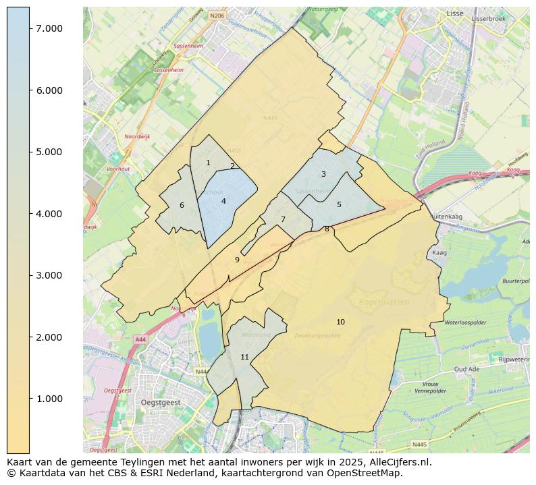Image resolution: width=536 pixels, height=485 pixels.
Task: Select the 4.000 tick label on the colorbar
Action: [49, 214]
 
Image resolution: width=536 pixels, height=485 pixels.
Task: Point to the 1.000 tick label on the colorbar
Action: [49, 399]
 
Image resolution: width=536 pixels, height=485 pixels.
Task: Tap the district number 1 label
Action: [208, 163]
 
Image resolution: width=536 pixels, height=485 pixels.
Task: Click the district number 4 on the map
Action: [223, 201]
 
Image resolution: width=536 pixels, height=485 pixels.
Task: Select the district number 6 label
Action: [182, 205]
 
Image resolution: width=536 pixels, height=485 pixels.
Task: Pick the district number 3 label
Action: [323, 174]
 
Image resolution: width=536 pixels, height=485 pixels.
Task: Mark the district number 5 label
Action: [339, 204]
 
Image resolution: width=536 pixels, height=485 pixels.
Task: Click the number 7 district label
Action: [283, 219]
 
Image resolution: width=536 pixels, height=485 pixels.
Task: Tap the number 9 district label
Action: [237, 260]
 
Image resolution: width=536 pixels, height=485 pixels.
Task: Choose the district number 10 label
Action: [340, 322]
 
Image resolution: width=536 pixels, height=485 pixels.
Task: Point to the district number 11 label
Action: [244, 357]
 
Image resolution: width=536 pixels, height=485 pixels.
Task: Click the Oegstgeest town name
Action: [161, 402]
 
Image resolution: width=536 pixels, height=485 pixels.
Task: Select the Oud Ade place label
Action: [467, 369]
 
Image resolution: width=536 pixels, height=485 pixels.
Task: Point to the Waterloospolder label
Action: [466, 322]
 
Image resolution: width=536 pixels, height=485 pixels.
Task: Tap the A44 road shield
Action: [140, 339]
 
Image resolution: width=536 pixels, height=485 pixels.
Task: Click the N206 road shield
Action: [217, 15]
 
